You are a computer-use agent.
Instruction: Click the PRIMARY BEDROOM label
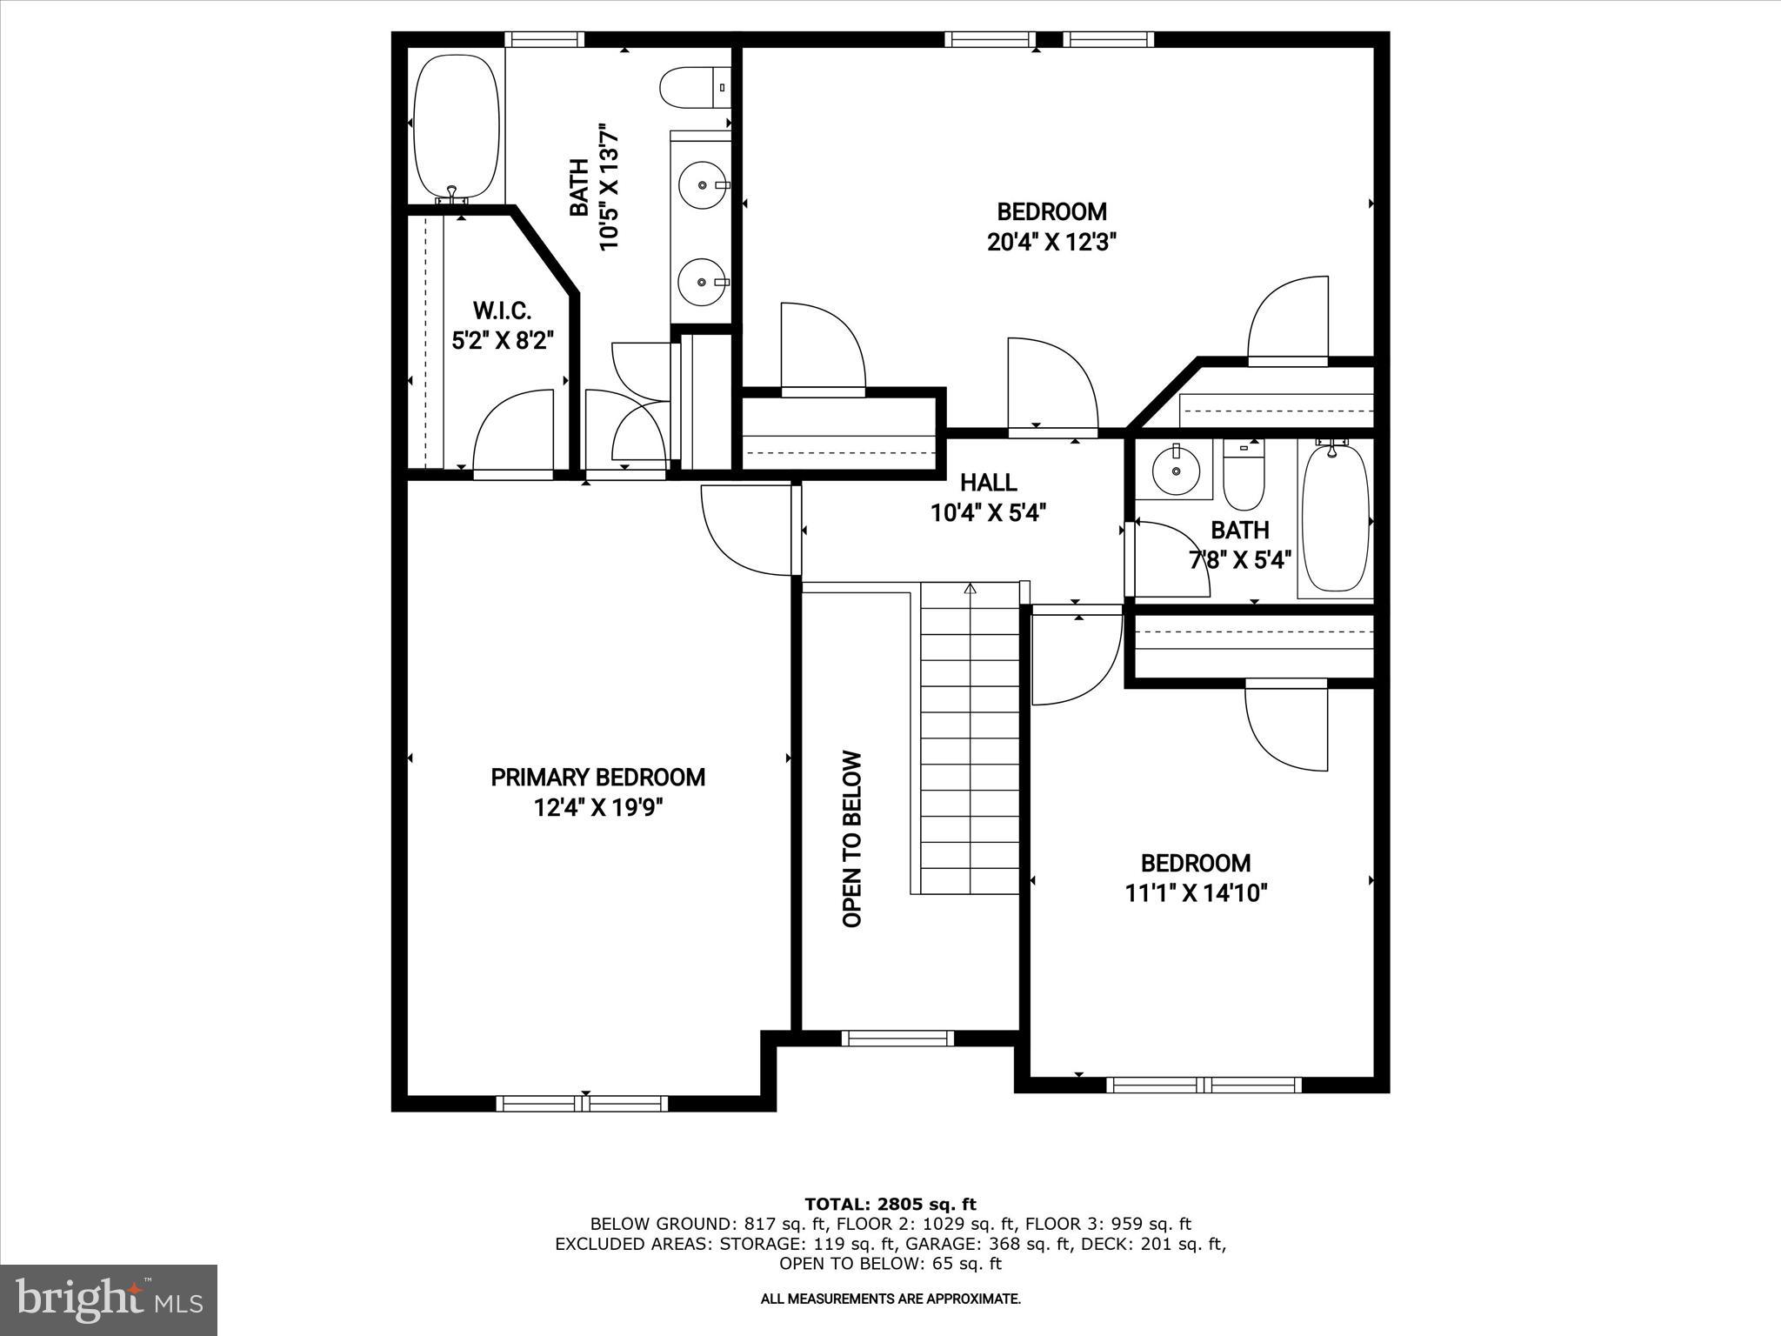click(597, 778)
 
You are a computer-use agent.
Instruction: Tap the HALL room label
click(988, 482)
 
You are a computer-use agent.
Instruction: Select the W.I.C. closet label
click(502, 311)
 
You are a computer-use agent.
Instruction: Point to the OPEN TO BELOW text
click(852, 838)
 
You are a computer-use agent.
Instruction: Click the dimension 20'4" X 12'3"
click(1051, 242)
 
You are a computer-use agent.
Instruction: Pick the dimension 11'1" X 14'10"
click(1196, 893)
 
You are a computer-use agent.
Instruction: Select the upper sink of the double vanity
click(702, 185)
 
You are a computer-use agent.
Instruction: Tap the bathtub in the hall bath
click(1335, 519)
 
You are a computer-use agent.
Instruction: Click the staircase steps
click(969, 739)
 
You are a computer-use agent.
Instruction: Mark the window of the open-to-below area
click(897, 1039)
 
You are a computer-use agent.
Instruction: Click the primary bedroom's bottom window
click(582, 1104)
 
